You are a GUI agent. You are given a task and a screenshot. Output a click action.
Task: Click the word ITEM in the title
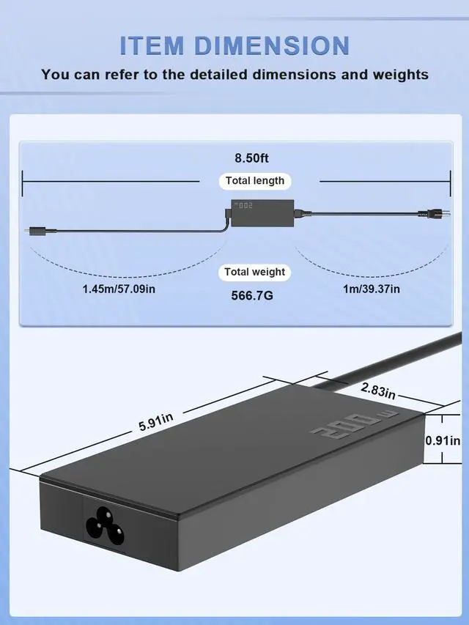152,45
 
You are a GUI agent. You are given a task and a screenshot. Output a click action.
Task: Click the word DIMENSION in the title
272,45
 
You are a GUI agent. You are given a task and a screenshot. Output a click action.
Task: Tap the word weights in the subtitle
400,75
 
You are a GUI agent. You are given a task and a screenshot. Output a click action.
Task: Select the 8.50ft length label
251,158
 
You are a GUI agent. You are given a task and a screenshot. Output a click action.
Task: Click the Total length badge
255,181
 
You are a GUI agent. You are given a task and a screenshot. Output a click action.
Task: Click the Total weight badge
254,273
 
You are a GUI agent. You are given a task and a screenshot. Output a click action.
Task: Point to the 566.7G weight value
252,295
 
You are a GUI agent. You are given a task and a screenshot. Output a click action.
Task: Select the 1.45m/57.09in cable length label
119,289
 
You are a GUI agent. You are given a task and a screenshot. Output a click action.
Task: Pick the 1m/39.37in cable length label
372,289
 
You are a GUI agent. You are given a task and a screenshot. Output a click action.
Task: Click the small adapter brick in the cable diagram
262,212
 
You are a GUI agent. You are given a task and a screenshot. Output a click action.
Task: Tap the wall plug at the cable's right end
434,214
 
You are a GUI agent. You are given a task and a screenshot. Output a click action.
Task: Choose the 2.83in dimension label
377,391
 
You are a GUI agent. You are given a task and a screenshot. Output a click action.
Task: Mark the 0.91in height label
443,440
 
